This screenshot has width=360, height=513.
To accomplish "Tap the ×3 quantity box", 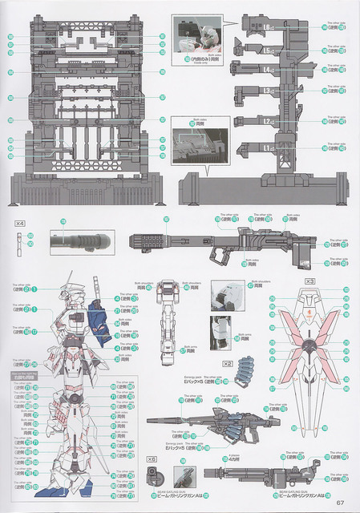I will pos(309,281).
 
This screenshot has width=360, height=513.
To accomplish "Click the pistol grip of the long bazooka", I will pos(217,254).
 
